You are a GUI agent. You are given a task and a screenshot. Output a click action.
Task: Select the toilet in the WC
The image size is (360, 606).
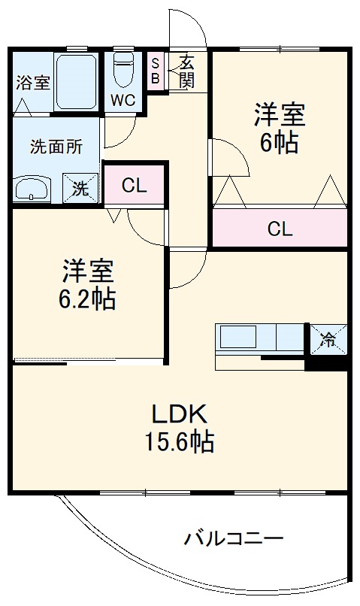point(122,71)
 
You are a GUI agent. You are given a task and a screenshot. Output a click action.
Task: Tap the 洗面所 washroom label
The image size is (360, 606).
point(55,146)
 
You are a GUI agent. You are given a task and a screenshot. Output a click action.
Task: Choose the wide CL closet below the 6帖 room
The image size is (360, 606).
point(279,229)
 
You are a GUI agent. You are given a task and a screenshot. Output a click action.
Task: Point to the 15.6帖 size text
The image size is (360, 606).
point(179,442)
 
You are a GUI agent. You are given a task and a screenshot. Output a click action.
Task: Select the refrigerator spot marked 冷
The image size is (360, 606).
point(328,339)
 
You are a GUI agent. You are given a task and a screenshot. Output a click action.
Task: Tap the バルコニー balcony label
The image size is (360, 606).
point(234,538)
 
